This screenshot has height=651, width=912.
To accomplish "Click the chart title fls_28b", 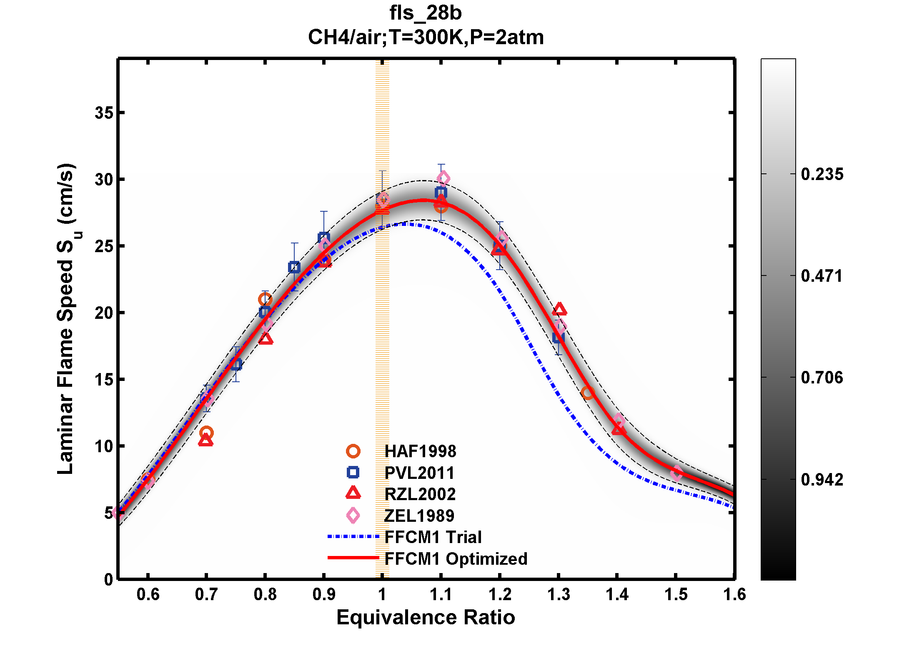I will point(426,13).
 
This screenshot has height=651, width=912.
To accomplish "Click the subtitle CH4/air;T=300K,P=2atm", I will point(426,38).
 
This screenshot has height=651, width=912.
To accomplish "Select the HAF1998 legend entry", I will point(420,451).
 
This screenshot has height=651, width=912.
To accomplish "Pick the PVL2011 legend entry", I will point(419,473).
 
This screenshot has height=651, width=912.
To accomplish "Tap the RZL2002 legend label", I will point(420,494).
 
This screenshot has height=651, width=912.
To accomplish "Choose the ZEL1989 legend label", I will point(419,516).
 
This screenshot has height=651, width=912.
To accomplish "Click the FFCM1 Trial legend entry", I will point(433,537).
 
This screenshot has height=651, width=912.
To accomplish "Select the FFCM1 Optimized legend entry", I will point(456,559).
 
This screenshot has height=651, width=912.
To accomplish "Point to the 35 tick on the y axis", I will point(104,113).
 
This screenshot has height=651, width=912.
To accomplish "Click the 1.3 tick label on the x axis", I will point(558,594).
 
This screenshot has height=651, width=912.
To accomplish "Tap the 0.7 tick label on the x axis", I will point(206,594).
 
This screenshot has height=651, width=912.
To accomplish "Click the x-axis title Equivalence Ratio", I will point(426,617).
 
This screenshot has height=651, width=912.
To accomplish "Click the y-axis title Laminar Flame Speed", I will point(66,319).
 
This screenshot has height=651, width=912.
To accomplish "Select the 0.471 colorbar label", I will point(822,276).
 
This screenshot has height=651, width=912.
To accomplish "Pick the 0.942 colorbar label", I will point(822,480).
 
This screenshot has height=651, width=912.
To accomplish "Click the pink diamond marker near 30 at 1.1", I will point(443,179).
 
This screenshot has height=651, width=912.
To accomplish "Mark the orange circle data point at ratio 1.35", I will point(587,392).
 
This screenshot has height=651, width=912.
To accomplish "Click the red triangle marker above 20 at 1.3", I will point(559,310).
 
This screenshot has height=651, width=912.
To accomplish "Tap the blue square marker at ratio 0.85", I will point(294,267).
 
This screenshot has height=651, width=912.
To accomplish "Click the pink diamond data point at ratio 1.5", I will point(676,473).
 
